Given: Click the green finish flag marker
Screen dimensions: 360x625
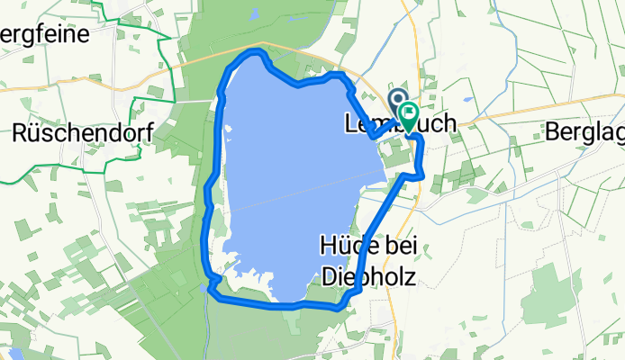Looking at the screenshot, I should point(410,114).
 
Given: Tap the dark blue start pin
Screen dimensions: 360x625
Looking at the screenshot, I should point(396,97).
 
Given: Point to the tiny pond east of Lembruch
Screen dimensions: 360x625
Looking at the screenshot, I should point(467,100).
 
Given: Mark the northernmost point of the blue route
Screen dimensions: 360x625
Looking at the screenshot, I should point(257,50).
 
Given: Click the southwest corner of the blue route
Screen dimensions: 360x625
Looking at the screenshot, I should point(213,288).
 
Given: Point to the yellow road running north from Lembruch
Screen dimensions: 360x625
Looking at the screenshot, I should point(416,45).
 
